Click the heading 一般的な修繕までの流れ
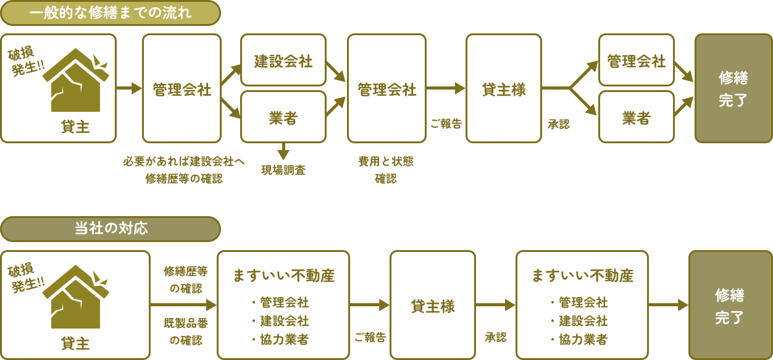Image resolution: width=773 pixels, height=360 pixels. tap(111, 13)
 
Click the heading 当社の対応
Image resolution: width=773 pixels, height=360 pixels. tap(111, 228)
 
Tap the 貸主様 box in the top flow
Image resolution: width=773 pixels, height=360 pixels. tap(503, 88)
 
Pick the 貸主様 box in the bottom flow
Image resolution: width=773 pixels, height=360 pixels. tap(433, 305)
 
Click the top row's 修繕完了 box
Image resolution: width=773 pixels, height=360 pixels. tap(733, 88)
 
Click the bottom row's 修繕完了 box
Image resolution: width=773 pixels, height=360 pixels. tap(730, 305)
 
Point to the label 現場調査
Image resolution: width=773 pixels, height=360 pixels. tap(283, 170)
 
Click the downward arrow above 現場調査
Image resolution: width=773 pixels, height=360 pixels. tap(283, 151)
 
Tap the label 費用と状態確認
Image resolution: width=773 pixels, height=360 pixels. tap(386, 170)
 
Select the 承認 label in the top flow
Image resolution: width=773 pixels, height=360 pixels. tap(558, 124)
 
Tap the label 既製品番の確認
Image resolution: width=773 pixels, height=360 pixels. tap(183, 331)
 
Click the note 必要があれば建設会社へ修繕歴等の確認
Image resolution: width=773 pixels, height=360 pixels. tap(184, 170)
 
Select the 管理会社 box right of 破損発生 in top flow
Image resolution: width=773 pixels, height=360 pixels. tap(182, 88)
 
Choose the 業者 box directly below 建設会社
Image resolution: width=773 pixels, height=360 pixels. tap(283, 117)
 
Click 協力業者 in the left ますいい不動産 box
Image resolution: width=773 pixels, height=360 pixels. tap(280, 339)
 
